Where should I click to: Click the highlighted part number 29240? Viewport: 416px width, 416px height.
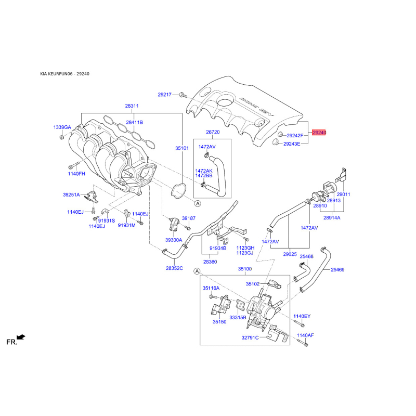click(x=319, y=133)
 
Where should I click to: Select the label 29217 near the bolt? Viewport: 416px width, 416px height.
click(x=165, y=95)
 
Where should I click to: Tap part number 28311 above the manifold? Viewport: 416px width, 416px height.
click(x=132, y=106)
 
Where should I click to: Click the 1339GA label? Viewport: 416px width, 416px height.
click(x=62, y=127)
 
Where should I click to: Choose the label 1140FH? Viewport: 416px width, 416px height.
click(x=75, y=173)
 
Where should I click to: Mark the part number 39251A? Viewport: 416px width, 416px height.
click(x=72, y=195)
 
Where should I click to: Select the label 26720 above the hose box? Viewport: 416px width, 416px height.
click(x=213, y=132)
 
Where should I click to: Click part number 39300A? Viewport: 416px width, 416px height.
click(x=174, y=240)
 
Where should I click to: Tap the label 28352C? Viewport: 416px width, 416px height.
click(x=174, y=268)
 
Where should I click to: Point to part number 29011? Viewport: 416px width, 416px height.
click(x=343, y=194)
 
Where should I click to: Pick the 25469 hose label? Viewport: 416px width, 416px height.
click(x=337, y=270)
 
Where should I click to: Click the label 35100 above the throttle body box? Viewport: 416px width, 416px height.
click(x=245, y=269)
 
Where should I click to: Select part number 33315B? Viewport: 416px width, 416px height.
click(x=238, y=317)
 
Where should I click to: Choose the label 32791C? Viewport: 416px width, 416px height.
click(x=250, y=337)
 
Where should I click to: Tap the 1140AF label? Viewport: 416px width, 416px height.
click(x=306, y=335)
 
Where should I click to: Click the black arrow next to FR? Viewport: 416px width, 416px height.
click(x=21, y=337)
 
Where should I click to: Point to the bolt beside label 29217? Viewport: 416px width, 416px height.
click(x=181, y=95)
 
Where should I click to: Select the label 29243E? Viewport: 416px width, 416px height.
click(x=292, y=144)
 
